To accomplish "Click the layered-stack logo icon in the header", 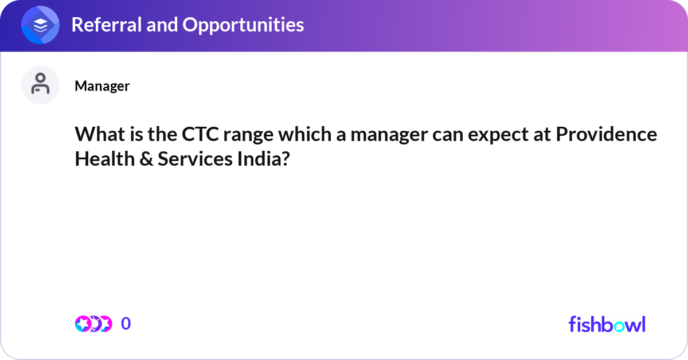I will tap(40, 25).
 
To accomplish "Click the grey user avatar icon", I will tap(40, 85).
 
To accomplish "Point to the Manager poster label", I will tap(102, 86).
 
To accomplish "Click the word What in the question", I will tap(96, 135).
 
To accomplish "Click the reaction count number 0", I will tap(126, 324).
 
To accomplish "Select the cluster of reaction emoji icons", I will tap(93, 324).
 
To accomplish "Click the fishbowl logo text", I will tap(607, 324).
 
